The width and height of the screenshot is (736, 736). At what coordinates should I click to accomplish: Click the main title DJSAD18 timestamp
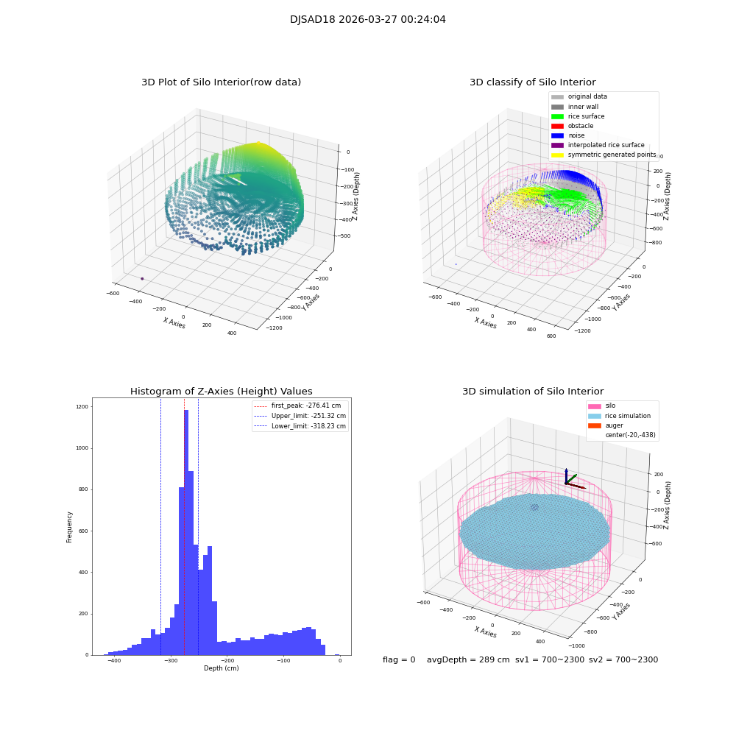point(367,20)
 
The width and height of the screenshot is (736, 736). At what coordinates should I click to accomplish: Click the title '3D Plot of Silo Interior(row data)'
point(221,82)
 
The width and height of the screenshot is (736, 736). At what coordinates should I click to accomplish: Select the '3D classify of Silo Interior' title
point(532,82)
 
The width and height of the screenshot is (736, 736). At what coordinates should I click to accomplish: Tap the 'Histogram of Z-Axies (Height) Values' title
point(221,392)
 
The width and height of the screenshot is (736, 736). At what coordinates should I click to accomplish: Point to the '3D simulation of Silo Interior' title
point(532,392)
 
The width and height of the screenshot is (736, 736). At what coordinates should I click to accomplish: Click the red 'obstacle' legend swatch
point(557,126)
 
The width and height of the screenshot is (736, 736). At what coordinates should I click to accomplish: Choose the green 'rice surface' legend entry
point(586,116)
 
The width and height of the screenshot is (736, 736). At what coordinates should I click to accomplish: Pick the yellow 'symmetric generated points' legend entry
point(611,155)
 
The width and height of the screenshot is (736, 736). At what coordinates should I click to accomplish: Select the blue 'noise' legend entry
point(577,135)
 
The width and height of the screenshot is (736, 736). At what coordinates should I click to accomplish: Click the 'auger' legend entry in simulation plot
point(614,425)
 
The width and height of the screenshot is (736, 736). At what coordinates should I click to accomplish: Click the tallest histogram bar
point(186,530)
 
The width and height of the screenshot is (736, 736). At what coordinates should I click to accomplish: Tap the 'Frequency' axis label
point(70,526)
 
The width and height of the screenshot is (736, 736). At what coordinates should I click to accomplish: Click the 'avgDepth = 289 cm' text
point(468,660)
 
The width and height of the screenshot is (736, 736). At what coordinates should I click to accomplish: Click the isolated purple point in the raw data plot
point(142,278)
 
